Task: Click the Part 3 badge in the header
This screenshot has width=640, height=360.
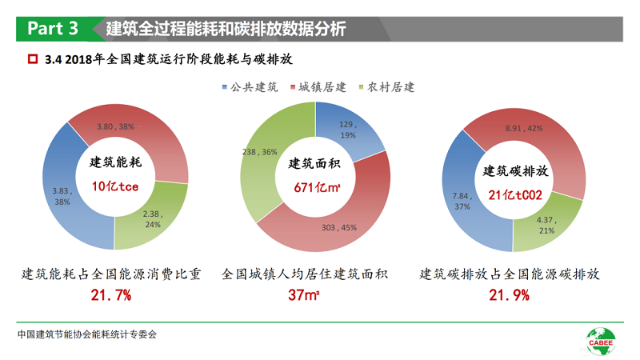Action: click(53, 29)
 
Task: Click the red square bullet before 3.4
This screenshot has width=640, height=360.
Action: click(33, 59)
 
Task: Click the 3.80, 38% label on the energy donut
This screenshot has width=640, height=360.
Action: click(115, 126)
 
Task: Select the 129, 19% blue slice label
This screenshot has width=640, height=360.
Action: click(347, 130)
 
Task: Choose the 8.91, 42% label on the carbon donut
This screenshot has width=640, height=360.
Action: click(525, 127)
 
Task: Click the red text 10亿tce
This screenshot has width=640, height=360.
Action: click(116, 186)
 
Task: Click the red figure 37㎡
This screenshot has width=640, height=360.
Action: click(305, 296)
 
